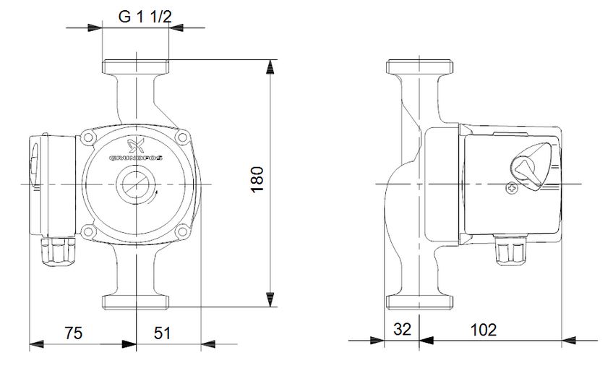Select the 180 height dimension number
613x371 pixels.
257,179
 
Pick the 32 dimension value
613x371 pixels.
403,330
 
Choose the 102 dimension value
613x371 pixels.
483,330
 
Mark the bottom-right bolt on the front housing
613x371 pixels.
181,231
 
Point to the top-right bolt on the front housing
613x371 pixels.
181,137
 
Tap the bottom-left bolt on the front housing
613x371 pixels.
90,231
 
